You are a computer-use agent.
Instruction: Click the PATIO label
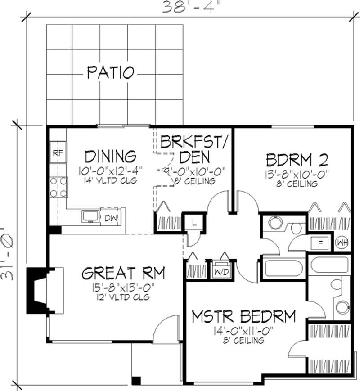click(x=110, y=72)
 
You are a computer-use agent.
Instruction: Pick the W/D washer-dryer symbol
click(x=220, y=272)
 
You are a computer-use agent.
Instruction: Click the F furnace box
click(x=321, y=243)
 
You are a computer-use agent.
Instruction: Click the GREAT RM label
click(x=123, y=273)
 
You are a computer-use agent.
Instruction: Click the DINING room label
click(x=110, y=156)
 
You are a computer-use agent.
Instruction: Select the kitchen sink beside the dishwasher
click(x=90, y=216)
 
